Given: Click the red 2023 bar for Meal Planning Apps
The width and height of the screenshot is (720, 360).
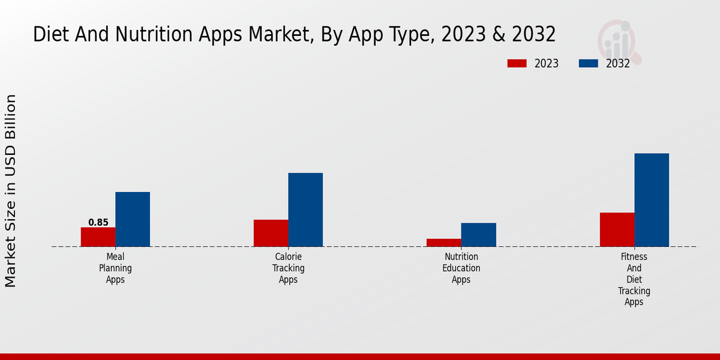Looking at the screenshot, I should (x=98, y=237).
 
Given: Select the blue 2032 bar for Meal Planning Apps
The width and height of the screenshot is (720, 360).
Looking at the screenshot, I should (x=133, y=219).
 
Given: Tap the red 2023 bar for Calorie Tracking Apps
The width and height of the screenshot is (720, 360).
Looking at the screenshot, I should (x=271, y=233).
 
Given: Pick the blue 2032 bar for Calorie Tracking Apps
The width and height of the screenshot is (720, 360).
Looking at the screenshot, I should (x=305, y=209).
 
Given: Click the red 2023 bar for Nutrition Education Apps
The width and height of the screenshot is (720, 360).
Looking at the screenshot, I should (x=444, y=242).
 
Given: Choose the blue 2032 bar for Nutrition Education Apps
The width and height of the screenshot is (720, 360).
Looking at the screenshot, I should (x=479, y=235).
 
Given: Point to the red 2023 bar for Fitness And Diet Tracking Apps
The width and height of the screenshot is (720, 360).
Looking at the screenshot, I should (x=617, y=229).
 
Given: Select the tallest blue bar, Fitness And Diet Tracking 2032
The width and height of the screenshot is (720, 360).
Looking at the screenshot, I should (x=652, y=200).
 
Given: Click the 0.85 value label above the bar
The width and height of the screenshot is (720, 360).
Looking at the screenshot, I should (x=98, y=223).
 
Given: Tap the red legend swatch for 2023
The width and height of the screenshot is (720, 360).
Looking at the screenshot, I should (x=517, y=64).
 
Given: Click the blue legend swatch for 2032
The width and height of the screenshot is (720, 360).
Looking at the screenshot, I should (x=589, y=64).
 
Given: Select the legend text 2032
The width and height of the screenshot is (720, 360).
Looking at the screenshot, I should (x=618, y=64).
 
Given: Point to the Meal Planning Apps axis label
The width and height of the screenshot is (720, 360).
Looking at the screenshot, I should (x=115, y=268).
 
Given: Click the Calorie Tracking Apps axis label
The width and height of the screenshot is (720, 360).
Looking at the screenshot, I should (x=288, y=268).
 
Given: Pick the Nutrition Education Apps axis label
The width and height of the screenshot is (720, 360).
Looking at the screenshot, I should (x=461, y=268).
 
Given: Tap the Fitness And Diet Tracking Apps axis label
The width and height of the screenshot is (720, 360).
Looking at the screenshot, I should (x=634, y=280).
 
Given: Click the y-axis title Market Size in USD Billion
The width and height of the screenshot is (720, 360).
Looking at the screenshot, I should (x=11, y=191).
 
